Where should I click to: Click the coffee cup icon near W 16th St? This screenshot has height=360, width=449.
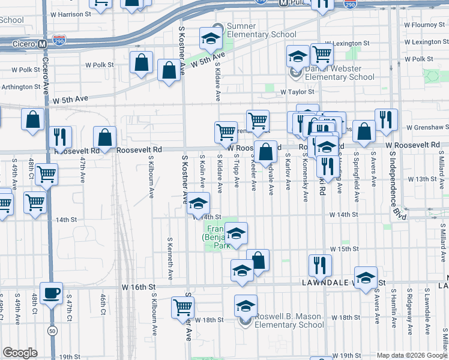[51, 293]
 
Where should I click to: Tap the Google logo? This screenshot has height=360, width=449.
[20, 353]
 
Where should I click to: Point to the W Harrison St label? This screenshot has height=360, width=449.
[70, 13]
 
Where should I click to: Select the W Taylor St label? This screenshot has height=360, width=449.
[298, 92]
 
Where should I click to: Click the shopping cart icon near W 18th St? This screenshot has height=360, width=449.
[183, 307]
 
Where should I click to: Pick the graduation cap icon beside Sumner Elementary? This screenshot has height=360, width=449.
[211, 40]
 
